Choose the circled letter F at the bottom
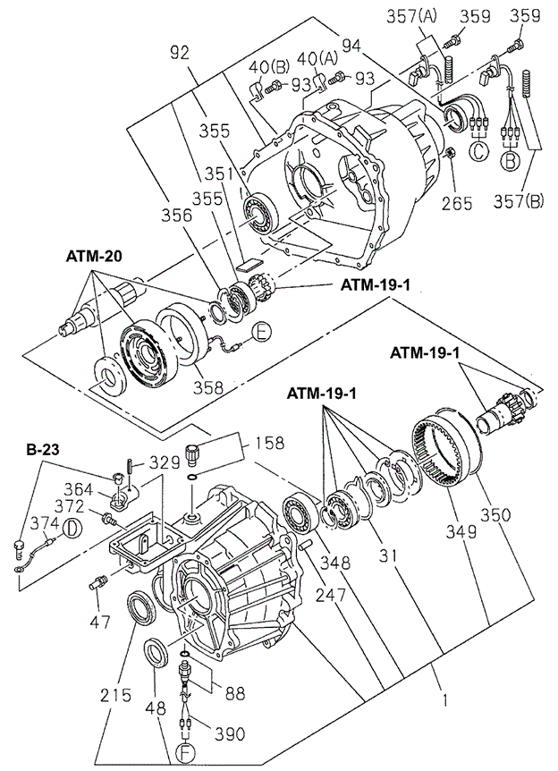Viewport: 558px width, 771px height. [x=184, y=754]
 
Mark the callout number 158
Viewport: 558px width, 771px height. [x=268, y=441]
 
